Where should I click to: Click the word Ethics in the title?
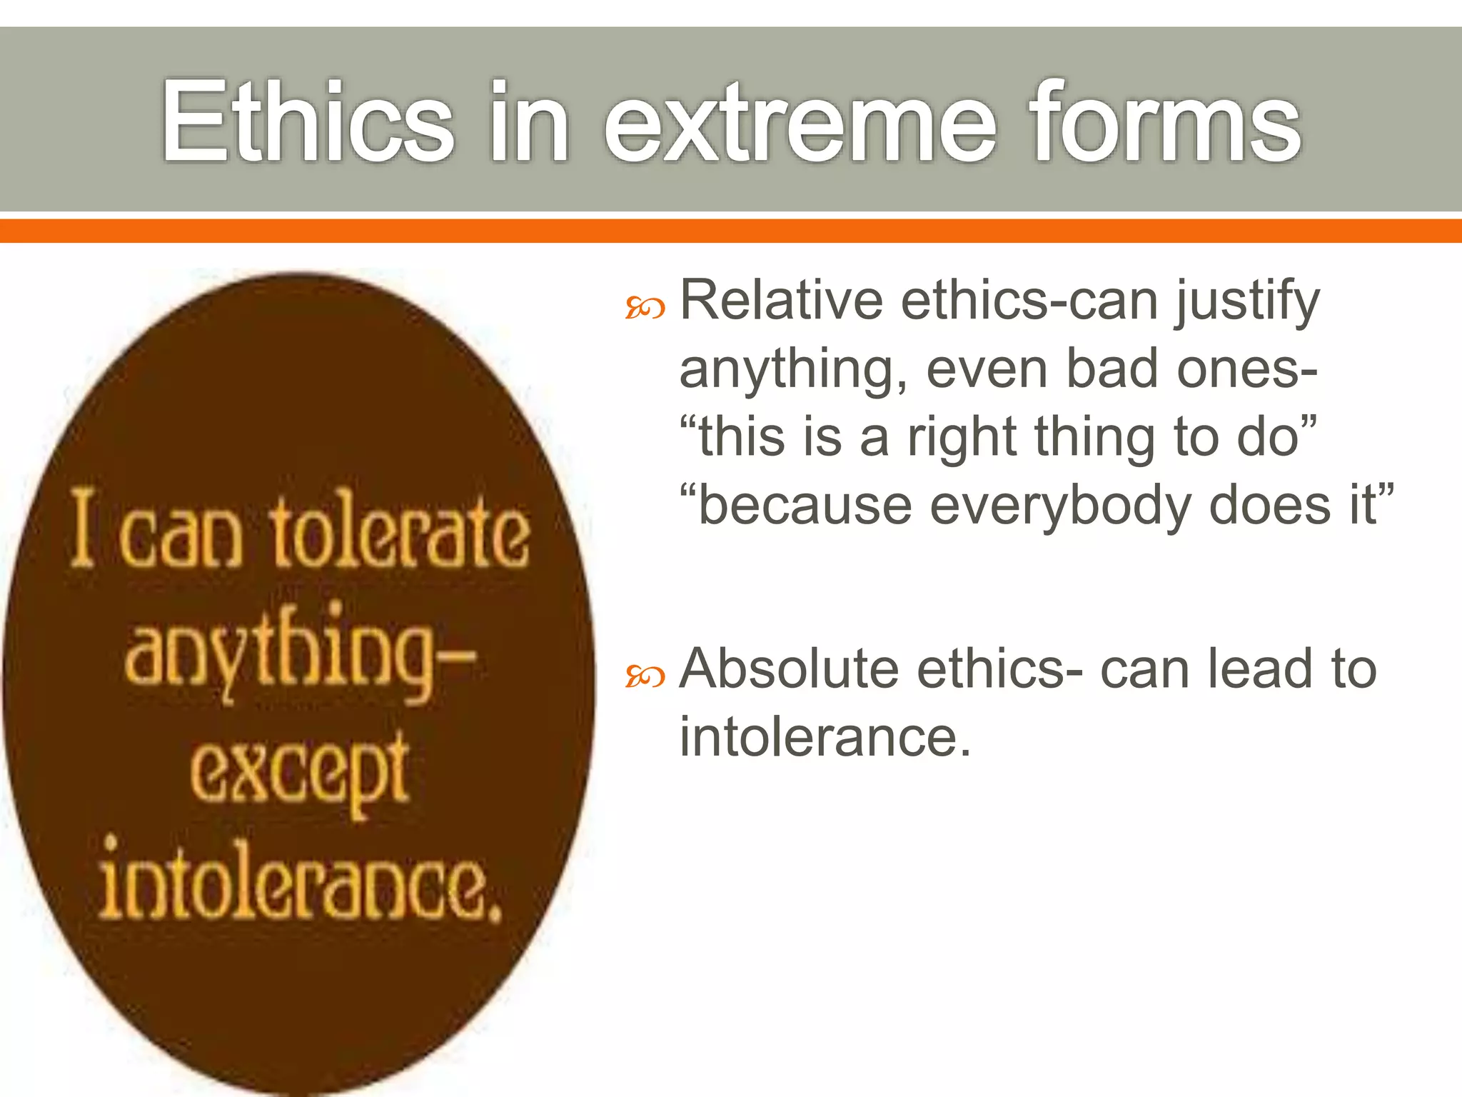click(x=307, y=121)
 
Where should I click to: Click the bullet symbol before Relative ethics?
click(x=645, y=308)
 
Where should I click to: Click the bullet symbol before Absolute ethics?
click(x=645, y=675)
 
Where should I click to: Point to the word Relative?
click(x=781, y=300)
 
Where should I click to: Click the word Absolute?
click(x=789, y=669)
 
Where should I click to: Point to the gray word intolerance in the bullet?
click(x=825, y=737)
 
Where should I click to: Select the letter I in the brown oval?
click(x=83, y=529)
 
